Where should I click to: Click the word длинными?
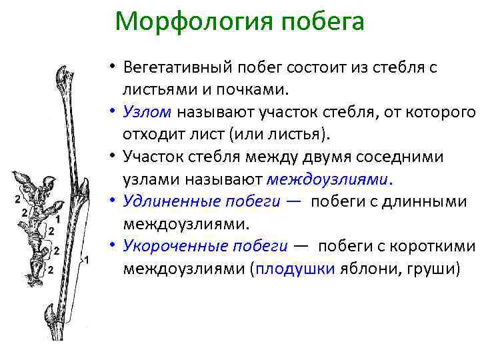point(434,201)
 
